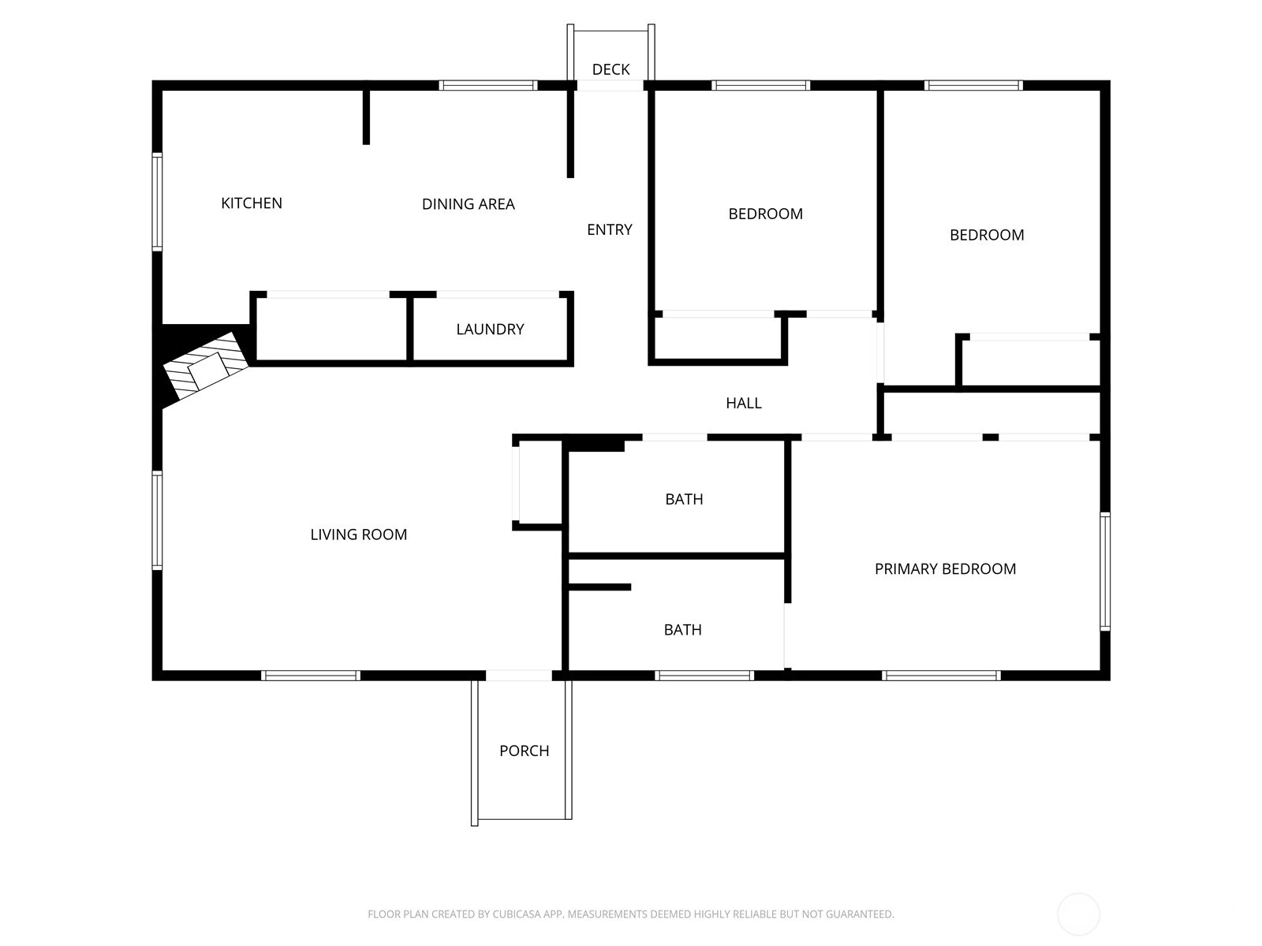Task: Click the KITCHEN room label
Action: coord(252,203)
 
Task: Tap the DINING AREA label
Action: coord(468,204)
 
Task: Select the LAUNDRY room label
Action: coord(490,329)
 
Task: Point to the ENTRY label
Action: coord(610,229)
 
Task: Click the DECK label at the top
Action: coord(610,69)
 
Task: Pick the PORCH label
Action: coord(524,750)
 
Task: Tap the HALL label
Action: coord(744,403)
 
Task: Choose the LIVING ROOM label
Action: coord(358,534)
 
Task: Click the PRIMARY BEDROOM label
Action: coord(945,568)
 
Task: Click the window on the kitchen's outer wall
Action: coord(157,202)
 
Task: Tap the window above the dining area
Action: coord(488,86)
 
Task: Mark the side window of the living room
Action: coord(157,520)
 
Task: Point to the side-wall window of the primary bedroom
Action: coord(1104,572)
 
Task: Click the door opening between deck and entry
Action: coord(610,86)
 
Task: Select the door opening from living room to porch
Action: coord(519,676)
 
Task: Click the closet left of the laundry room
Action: coord(331,328)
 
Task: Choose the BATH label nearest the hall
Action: coord(684,499)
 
